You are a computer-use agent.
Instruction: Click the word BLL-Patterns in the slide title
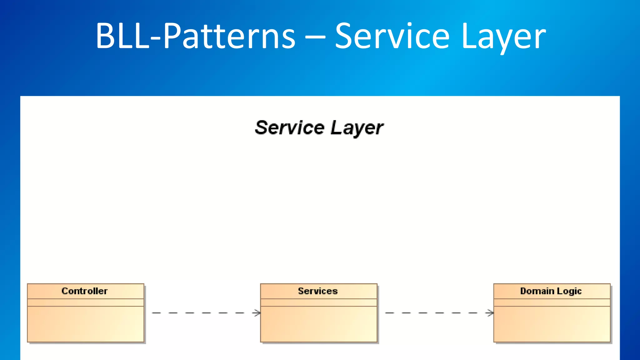pyautogui.click(x=195, y=36)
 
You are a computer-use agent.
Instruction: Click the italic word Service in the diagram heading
pyautogui.click(x=290, y=128)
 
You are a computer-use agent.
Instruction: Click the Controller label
pyautogui.click(x=85, y=291)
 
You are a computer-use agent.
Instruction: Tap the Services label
pyautogui.click(x=318, y=291)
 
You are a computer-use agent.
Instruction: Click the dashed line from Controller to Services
pyautogui.click(x=200, y=312)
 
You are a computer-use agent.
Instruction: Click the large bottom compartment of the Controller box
pyautogui.click(x=86, y=324)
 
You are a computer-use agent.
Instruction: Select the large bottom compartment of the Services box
pyautogui.click(x=319, y=324)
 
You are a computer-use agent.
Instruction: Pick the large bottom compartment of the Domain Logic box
pyautogui.click(x=552, y=324)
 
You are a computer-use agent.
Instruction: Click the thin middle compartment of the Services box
pyautogui.click(x=319, y=302)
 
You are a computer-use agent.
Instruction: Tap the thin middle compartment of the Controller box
pyautogui.click(x=86, y=302)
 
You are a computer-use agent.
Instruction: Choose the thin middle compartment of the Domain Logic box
pyautogui.click(x=552, y=302)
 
